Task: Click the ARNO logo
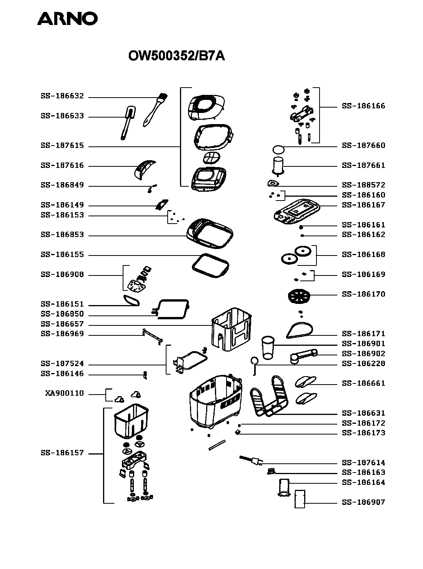pos(67,18)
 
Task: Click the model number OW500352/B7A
pos(176,56)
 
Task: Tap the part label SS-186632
pos(62,96)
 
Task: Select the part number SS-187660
pos(363,146)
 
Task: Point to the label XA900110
pos(64,393)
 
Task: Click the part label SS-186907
pos(363,502)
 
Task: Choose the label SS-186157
pos(62,453)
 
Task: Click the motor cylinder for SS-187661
pos(278,166)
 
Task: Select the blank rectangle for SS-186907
pos(300,499)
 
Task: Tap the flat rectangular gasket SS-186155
pos(210,266)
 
